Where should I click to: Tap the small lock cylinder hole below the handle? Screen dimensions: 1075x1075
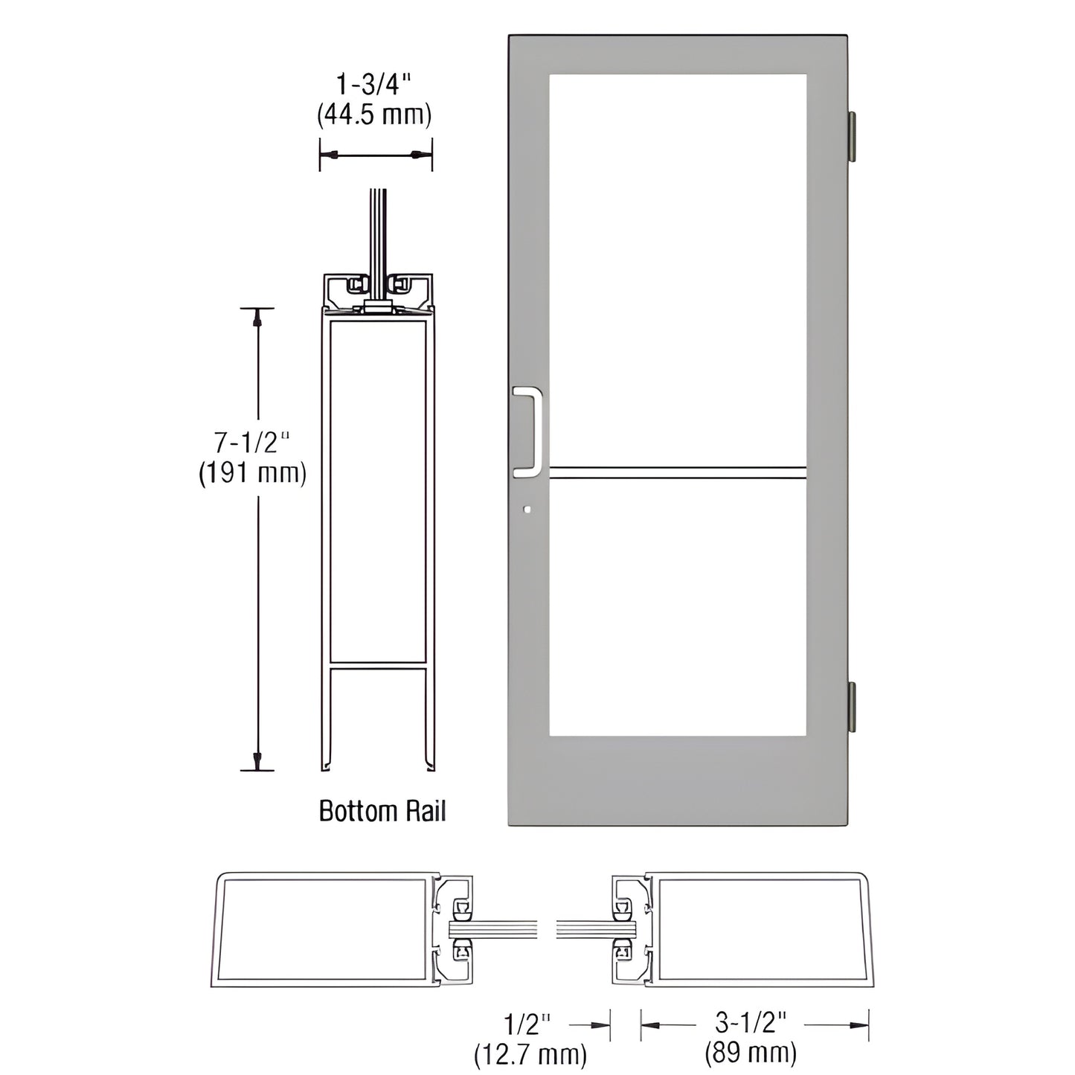[x=527, y=510]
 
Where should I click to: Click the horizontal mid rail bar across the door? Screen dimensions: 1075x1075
[x=678, y=471]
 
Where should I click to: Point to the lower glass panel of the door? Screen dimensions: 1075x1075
[x=678, y=607]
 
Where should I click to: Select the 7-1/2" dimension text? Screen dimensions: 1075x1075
[x=251, y=443]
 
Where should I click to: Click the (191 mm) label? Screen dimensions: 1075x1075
[x=252, y=473]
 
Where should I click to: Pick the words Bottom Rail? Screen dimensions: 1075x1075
[x=382, y=810]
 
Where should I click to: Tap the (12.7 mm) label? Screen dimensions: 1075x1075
[x=530, y=1053]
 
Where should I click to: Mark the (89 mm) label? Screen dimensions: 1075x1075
[x=751, y=1053]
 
